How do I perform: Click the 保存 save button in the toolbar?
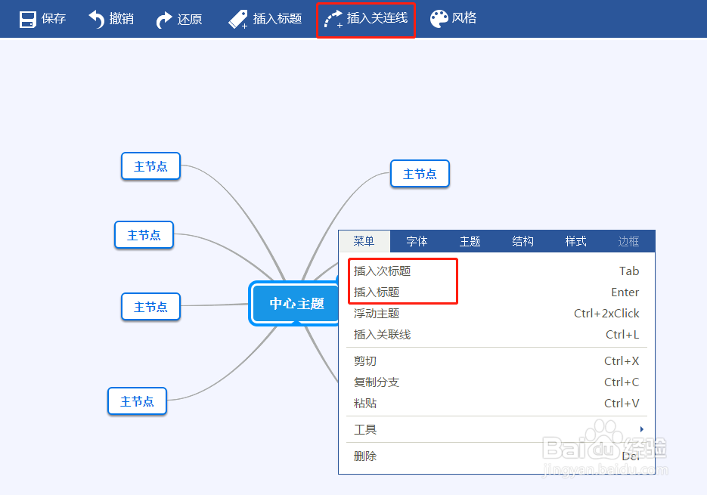pyautogui.click(x=42, y=19)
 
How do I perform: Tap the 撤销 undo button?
pyautogui.click(x=111, y=19)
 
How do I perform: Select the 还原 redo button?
pyautogui.click(x=179, y=19)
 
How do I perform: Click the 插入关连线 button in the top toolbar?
pyautogui.click(x=366, y=19)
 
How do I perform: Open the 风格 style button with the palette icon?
pyautogui.click(x=454, y=19)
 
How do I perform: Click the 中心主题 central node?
pyautogui.click(x=296, y=304)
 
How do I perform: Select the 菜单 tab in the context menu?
pyautogui.click(x=364, y=241)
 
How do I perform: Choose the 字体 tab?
pyautogui.click(x=417, y=241)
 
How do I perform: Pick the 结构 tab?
pyautogui.click(x=522, y=241)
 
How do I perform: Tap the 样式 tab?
pyautogui.click(x=575, y=241)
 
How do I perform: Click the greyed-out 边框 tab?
pyautogui.click(x=628, y=241)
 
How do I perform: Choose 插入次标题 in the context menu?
pyautogui.click(x=383, y=271)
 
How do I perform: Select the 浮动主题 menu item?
pyautogui.click(x=377, y=314)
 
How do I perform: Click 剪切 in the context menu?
pyautogui.click(x=365, y=361)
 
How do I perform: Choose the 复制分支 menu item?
pyautogui.click(x=377, y=382)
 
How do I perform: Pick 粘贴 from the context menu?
pyautogui.click(x=365, y=404)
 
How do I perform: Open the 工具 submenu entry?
pyautogui.click(x=365, y=430)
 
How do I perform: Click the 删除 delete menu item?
pyautogui.click(x=365, y=456)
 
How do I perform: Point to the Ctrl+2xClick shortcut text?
pyautogui.click(x=606, y=314)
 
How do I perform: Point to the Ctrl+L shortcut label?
pyautogui.click(x=622, y=335)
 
